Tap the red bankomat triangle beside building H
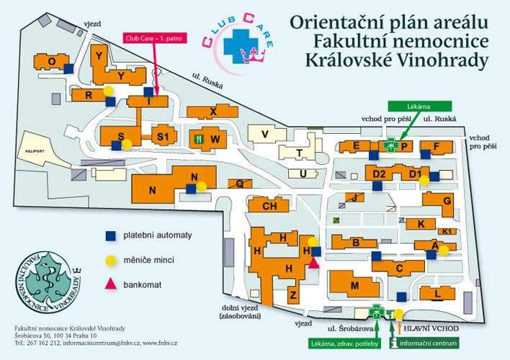(x=314, y=263)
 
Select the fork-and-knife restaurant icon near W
(x=198, y=137)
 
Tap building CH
(x=269, y=206)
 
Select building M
(x=354, y=286)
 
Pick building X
(x=212, y=112)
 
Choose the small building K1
(x=447, y=231)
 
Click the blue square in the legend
(x=109, y=235)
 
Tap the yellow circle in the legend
(x=109, y=260)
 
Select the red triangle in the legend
(x=109, y=284)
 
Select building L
(x=456, y=293)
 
